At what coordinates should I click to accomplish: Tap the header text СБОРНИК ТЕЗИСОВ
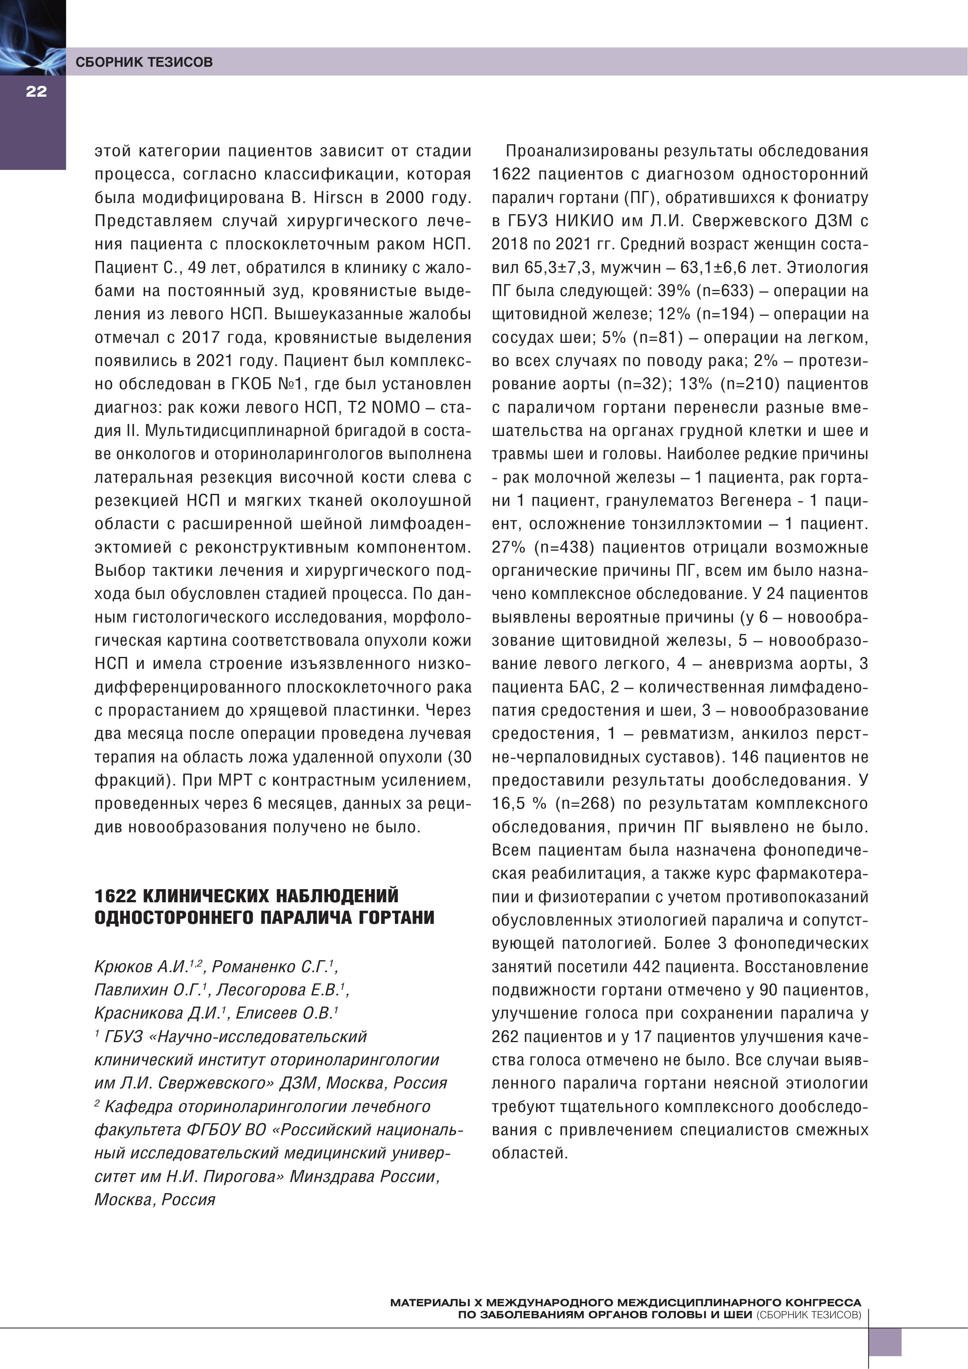tap(144, 62)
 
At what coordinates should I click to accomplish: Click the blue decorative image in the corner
tap(32, 37)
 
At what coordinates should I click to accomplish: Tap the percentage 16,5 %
tap(519, 804)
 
